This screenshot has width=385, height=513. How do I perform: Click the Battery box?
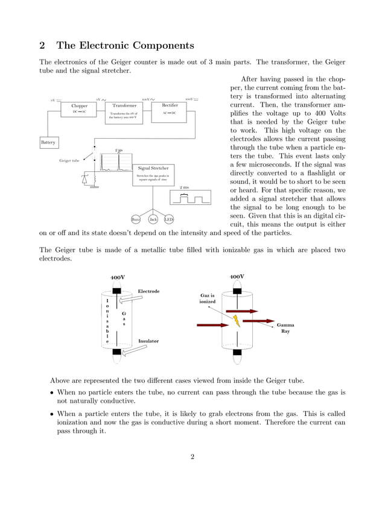48,143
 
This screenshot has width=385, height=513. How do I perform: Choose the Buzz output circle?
136,219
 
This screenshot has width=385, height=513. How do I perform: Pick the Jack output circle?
153,219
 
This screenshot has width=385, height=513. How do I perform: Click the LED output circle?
169,219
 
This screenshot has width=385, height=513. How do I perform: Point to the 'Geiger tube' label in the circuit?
69,161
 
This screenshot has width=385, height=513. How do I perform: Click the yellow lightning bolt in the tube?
237,320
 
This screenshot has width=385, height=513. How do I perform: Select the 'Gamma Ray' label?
285,327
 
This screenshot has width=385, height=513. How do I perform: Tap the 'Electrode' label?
148,291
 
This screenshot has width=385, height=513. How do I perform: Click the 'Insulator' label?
148,341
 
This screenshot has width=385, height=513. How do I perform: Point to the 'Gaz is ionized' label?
208,298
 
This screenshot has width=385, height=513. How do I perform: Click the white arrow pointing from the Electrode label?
129,300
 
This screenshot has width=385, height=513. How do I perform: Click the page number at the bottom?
192,456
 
